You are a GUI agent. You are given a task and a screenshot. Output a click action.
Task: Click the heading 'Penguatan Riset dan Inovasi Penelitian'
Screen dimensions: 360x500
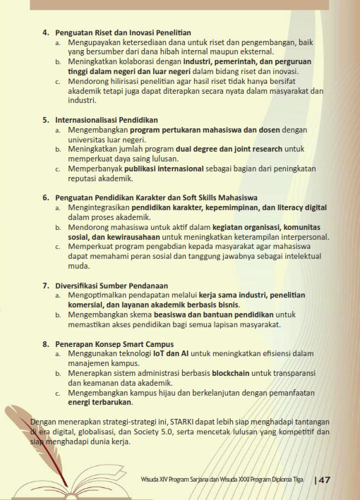pos(116,33)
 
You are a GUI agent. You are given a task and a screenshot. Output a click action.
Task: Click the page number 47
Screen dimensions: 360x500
pos(325,480)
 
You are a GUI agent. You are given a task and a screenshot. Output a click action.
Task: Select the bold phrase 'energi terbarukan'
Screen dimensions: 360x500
pos(100,402)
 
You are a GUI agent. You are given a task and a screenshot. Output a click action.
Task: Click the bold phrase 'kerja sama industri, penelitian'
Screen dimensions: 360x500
pos(242,294)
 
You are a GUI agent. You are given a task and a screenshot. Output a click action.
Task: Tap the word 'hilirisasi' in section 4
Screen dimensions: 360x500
pos(116,81)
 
